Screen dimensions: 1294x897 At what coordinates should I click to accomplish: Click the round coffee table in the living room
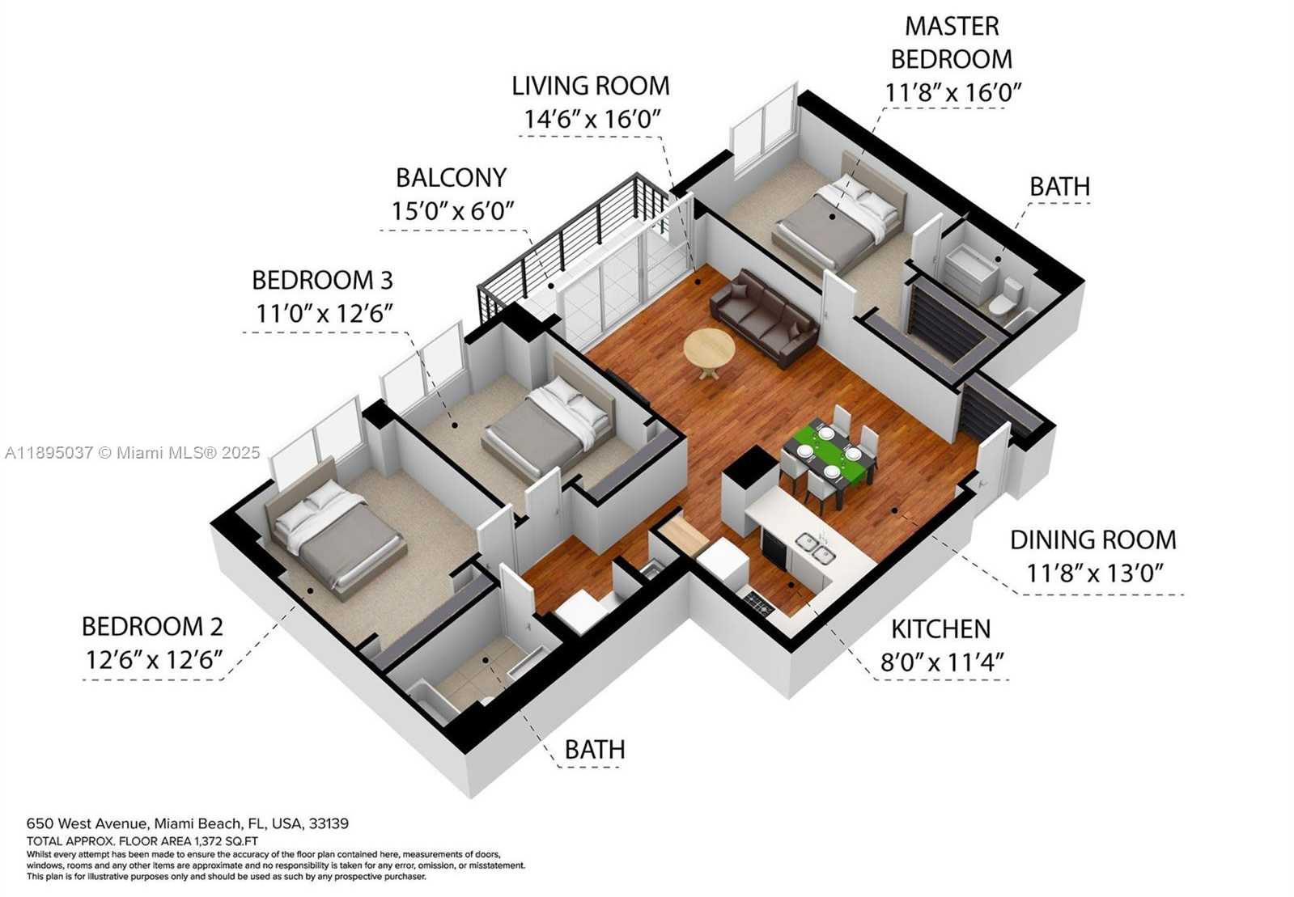[710, 350]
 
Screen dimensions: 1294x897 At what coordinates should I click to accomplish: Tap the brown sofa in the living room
[764, 317]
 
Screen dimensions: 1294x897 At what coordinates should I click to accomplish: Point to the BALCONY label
[452, 178]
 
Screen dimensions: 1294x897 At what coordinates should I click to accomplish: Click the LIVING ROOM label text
[591, 86]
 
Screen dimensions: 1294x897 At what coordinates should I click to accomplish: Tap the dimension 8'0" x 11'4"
[942, 662]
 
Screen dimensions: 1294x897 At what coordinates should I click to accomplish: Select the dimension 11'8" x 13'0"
[1094, 573]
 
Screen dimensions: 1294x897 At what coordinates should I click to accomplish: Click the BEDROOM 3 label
[322, 281]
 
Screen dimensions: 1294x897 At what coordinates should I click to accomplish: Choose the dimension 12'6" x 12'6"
[155, 659]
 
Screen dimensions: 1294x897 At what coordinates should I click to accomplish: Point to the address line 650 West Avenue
[188, 823]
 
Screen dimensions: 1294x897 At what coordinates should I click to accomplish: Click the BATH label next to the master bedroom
[1060, 187]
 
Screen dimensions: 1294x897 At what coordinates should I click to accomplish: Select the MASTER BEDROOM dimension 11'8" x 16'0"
[953, 91]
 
